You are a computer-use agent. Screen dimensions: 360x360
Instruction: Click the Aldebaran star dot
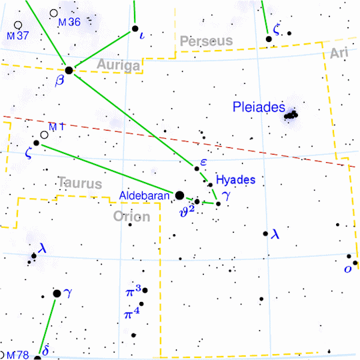coord(179,195)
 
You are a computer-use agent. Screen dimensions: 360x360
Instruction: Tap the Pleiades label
coord(259,107)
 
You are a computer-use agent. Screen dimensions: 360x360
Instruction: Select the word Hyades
coord(236,180)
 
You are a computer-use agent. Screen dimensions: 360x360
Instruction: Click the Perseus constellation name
coord(206,41)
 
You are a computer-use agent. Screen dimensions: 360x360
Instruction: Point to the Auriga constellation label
coord(119,65)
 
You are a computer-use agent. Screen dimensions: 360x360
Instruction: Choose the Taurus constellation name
coord(79,182)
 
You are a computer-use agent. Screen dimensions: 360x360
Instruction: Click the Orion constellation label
coord(132,216)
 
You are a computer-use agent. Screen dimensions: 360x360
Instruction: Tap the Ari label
coord(339,53)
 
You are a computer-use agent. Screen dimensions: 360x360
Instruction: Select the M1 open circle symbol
coord(44,135)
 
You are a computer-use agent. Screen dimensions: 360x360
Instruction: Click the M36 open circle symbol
coord(53,13)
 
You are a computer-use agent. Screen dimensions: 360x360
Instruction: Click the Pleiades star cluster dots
coord(291,116)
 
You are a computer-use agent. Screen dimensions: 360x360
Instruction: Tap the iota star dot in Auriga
coord(135,29)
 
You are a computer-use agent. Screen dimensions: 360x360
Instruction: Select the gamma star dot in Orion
coord(57,293)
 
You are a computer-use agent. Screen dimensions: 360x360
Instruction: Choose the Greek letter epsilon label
coord(203,162)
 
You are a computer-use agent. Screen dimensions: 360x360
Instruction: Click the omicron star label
coord(347,269)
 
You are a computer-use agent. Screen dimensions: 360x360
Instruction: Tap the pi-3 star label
coord(133,291)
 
